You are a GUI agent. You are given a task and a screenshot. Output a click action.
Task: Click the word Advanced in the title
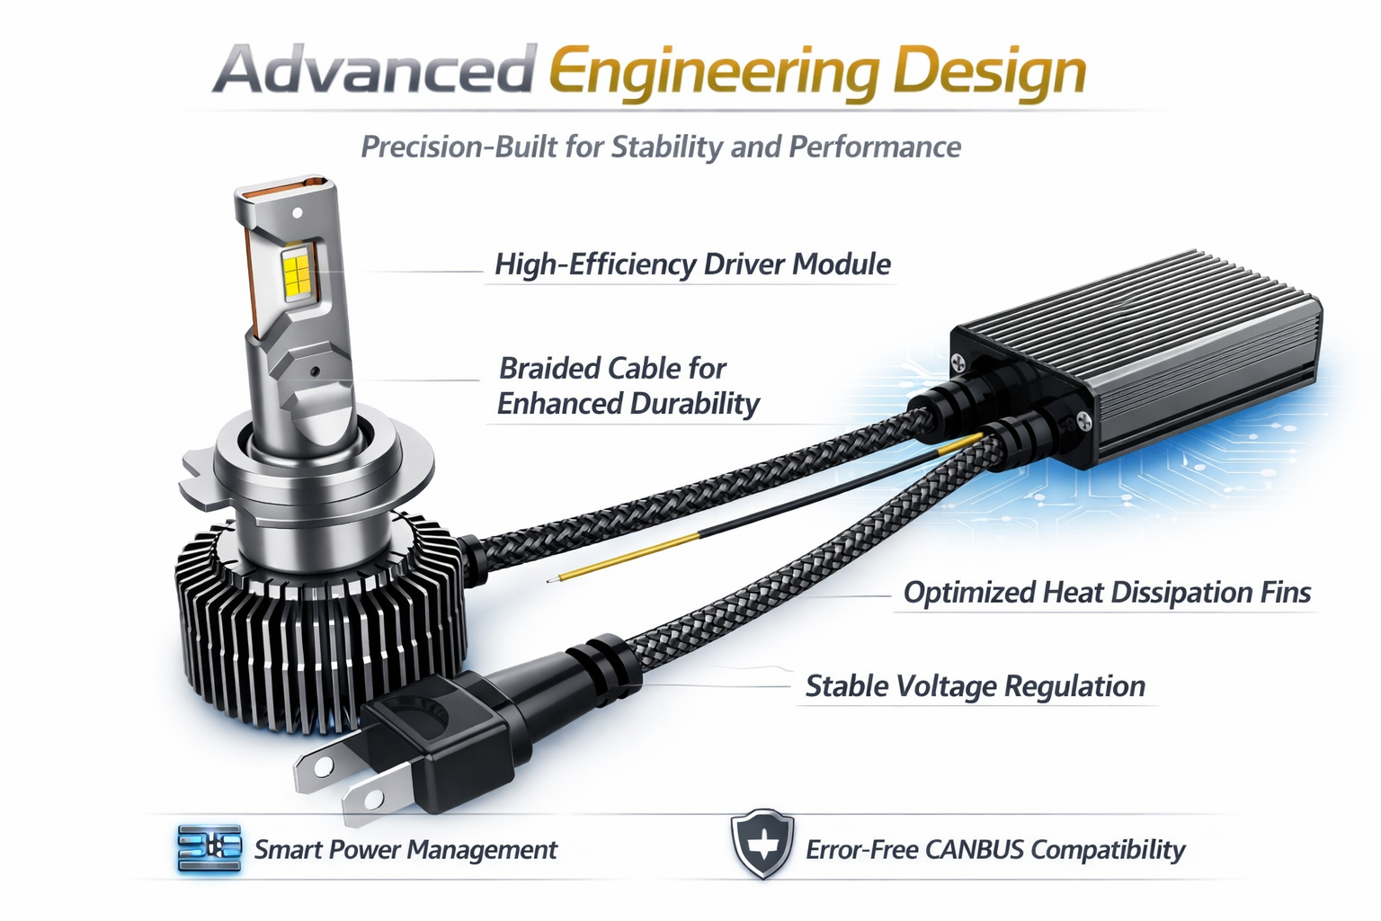[x=373, y=70]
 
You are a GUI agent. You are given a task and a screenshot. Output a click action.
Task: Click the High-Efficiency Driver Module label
[x=692, y=264]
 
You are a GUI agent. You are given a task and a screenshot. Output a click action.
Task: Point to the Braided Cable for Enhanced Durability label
[x=628, y=386]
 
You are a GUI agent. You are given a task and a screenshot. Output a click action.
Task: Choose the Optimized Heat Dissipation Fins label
[x=1107, y=593]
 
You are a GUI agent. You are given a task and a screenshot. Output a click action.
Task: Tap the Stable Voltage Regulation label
[x=975, y=686]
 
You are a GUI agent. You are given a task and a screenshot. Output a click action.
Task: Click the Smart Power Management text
[x=405, y=850]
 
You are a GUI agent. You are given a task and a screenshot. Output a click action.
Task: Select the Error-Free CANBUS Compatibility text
[x=995, y=850]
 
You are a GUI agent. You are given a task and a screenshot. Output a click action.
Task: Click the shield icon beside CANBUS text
[x=762, y=844]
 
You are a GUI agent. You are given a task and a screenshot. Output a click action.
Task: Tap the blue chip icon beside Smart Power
[x=209, y=848]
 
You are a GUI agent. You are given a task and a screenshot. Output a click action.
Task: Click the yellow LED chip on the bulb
[x=295, y=273]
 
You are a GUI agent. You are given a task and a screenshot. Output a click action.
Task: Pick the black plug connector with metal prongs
[x=423, y=751]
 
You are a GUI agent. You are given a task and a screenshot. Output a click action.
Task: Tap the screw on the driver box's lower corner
[x=1083, y=419]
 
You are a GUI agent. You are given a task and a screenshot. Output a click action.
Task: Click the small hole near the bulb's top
[x=298, y=212]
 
